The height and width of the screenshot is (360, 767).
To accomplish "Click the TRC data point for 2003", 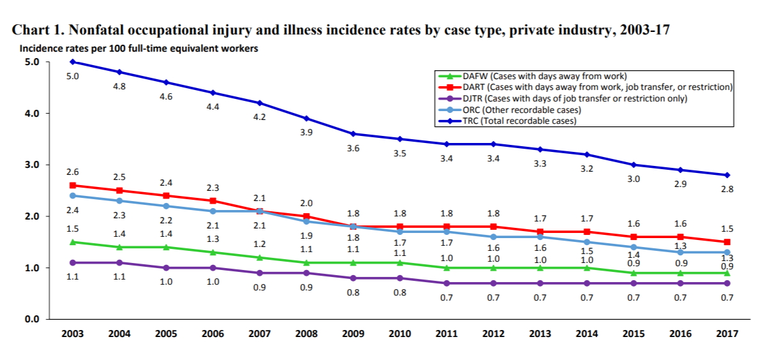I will click(x=73, y=62).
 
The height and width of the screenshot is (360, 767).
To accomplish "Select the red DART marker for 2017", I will click(x=727, y=242).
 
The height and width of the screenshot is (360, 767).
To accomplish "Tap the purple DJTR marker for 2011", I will click(x=446, y=283).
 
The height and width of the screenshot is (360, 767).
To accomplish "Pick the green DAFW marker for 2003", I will click(x=73, y=242).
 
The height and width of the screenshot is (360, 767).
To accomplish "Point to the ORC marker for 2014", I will click(x=586, y=242).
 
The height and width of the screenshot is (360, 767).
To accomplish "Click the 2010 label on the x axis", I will click(x=399, y=334).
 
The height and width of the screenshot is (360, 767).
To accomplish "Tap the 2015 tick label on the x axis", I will click(x=633, y=334).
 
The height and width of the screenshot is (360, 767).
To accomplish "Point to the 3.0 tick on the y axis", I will click(x=32, y=165).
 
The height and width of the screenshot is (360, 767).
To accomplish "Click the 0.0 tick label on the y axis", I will click(x=32, y=319).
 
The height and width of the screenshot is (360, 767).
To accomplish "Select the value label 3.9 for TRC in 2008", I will click(x=306, y=132).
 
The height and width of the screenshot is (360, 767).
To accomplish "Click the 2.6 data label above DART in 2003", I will click(x=73, y=172).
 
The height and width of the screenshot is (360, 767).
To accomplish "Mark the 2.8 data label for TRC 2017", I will click(x=727, y=189).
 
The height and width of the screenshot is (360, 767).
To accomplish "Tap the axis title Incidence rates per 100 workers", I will click(x=138, y=49).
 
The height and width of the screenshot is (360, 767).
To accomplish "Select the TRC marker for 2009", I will click(x=353, y=134).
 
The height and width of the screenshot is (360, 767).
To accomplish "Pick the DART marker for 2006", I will click(x=212, y=200).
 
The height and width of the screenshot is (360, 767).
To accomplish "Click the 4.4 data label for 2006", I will click(x=212, y=107).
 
